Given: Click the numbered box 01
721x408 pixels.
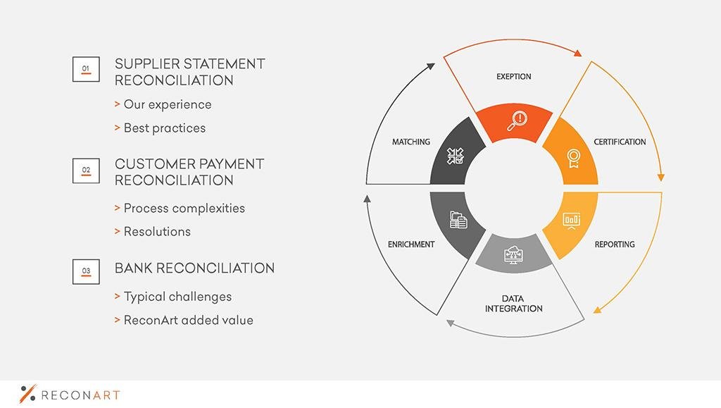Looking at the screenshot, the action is pos(86,69).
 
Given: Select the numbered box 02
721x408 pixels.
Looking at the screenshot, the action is pos(86,171).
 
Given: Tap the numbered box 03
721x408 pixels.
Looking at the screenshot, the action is pos(86,271).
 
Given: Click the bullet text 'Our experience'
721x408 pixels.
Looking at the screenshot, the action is pos(168,104).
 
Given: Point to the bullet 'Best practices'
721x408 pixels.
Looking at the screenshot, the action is pos(165,128).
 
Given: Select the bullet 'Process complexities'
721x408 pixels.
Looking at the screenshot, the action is pos(184,209).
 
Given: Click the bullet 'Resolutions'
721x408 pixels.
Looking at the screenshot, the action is pos(157,231).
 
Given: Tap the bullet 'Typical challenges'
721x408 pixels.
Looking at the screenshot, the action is pos(177,297).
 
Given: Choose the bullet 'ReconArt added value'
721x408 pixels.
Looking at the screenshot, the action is pos(189,320).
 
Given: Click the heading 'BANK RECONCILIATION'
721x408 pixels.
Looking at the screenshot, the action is pos(194,268).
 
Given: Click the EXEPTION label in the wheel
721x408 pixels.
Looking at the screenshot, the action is pos(513,76).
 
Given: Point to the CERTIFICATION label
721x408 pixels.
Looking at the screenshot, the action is pos(620,142).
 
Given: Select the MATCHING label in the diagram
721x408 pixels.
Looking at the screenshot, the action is pos(411,142).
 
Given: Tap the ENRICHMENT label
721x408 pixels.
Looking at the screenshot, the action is pos(411,245).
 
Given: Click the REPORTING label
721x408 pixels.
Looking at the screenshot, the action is pos(615,245).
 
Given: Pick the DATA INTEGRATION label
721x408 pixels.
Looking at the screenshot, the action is pos(513,304).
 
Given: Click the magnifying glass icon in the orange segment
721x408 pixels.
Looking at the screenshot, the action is pos(518,121).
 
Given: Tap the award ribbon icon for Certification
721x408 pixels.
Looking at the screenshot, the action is pos(573,159).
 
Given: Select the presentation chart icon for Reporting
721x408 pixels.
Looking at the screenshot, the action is pos(572,221).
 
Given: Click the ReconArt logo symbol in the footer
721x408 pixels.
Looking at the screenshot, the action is pos(27,393).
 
